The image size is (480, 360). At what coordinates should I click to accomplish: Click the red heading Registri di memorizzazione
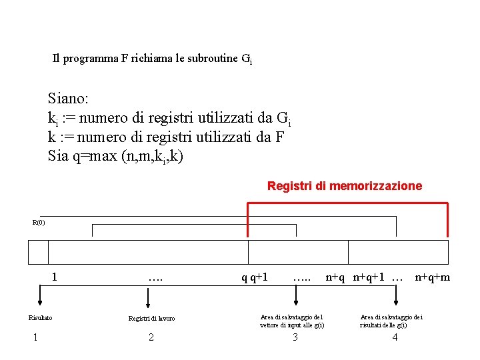tap(344, 186)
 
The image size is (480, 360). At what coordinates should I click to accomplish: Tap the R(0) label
tap(39, 223)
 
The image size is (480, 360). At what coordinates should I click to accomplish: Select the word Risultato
tap(40, 318)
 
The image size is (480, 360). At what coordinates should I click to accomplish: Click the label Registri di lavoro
tap(151, 319)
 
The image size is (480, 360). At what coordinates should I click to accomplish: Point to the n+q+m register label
tap(432, 277)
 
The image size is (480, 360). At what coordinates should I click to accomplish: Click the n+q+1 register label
tap(369, 277)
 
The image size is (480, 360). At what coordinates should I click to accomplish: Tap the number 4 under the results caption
tap(395, 337)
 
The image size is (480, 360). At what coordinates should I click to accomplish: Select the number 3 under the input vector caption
tap(295, 337)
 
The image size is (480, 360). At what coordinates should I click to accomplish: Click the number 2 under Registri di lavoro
tap(151, 337)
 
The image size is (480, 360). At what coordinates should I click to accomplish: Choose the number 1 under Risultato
tap(35, 337)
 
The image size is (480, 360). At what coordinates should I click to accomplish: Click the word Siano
tap(67, 99)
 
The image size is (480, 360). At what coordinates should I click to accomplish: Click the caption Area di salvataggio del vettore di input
tap(292, 321)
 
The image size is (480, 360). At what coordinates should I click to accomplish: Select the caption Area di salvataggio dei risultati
tap(391, 321)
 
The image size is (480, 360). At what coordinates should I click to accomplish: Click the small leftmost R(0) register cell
tap(39, 253)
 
